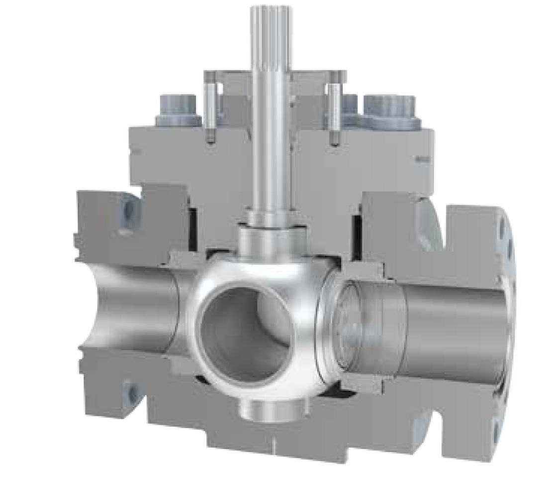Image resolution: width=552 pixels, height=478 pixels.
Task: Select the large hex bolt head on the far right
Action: [x=389, y=110]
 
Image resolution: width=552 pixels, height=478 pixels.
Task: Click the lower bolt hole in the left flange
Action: [x=130, y=393]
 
